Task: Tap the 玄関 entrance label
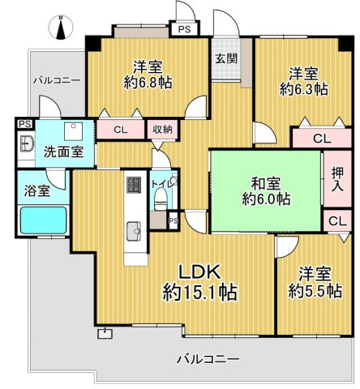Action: pyautogui.click(x=226, y=58)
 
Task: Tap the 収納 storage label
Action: pyautogui.click(x=161, y=128)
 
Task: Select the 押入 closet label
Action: pyautogui.click(x=336, y=180)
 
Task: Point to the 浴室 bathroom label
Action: pyautogui.click(x=35, y=191)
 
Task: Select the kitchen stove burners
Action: pyautogui.click(x=133, y=186)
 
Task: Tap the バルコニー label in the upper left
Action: pyautogui.click(x=56, y=82)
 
